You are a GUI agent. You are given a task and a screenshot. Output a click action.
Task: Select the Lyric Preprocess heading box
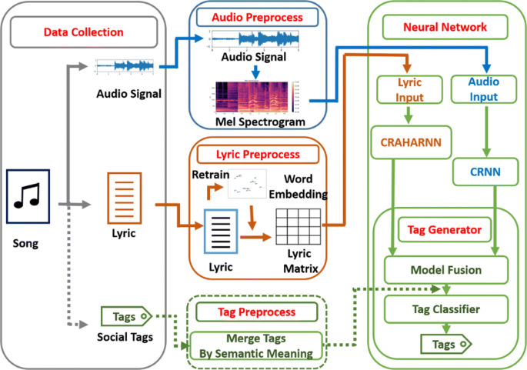pos(259,154)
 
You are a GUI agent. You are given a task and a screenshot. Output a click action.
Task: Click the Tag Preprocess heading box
pos(256,312)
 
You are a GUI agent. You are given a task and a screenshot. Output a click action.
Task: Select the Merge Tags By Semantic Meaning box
pos(257,346)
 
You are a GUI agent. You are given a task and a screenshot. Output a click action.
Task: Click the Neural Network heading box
pos(445,27)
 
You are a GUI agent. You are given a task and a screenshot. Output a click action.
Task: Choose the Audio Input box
pos(483,89)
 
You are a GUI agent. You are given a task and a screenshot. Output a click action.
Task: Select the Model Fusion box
pos(445,270)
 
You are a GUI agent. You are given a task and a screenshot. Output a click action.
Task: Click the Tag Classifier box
pos(445,309)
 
